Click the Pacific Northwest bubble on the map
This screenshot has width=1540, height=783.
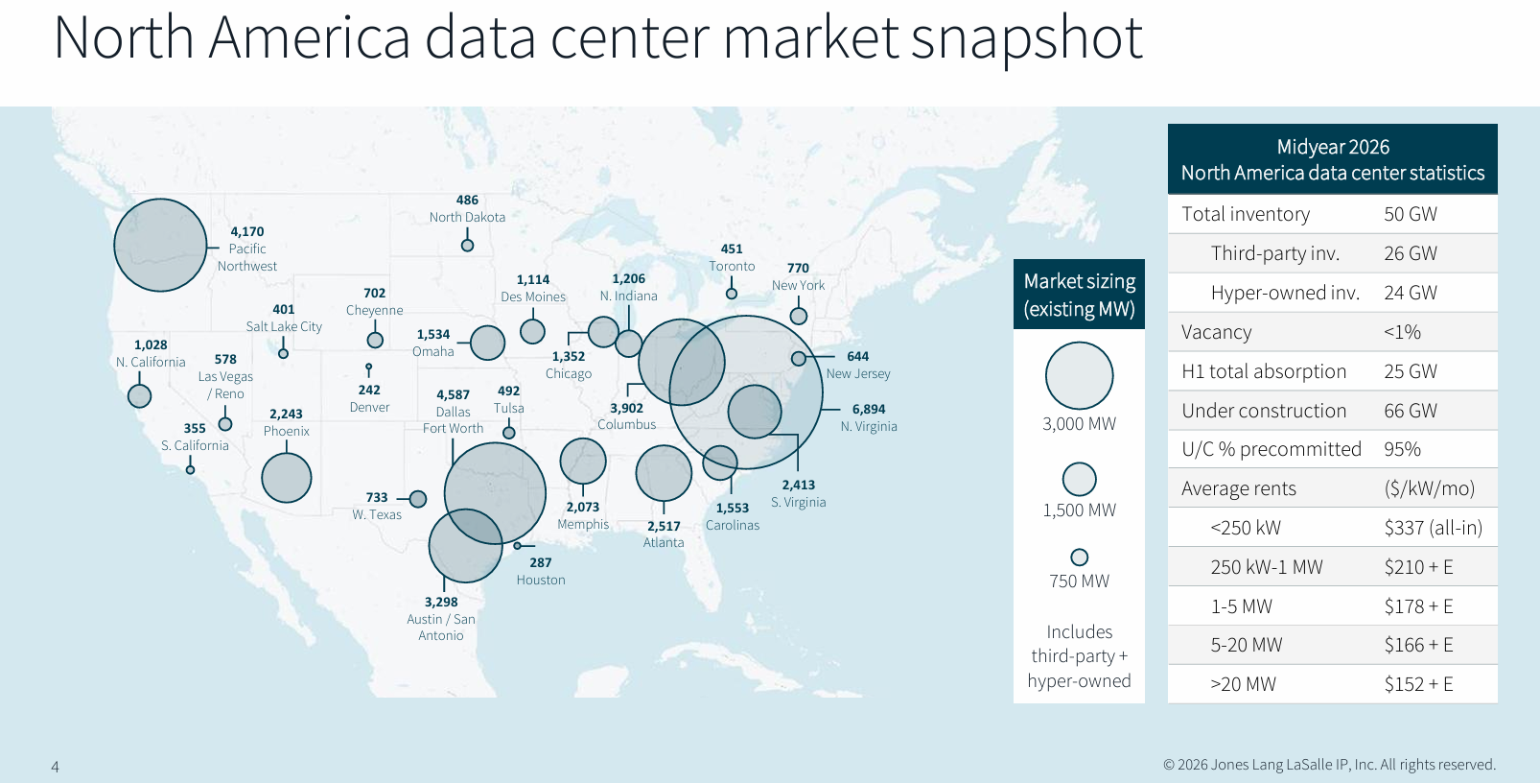coord(160,245)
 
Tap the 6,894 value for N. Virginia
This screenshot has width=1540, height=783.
coord(869,409)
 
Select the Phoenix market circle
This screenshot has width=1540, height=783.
coord(287,478)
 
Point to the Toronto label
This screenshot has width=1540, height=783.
coord(732,266)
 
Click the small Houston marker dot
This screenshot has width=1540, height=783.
coord(517,546)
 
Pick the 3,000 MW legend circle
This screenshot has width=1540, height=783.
coord(1079,376)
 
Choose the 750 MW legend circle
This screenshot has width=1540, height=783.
coord(1080,557)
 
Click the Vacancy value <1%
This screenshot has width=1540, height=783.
coord(1402,332)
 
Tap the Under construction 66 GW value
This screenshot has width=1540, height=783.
coord(1410,410)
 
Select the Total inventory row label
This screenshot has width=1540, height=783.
coord(1246,214)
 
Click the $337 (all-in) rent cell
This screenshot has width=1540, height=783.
coord(1434,528)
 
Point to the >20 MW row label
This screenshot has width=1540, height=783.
coord(1243,684)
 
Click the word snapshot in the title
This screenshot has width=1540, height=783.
coord(1026,38)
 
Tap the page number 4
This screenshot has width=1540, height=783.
coord(55,766)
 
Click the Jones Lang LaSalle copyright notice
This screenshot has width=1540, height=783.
coord(1330,765)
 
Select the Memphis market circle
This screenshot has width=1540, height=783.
coord(583,461)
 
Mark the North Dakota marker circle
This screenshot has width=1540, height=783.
coord(468,245)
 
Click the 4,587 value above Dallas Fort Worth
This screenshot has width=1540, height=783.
coord(453,394)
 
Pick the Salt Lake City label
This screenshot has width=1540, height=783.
coord(284,326)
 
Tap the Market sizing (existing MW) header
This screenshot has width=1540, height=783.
coord(1079,295)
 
